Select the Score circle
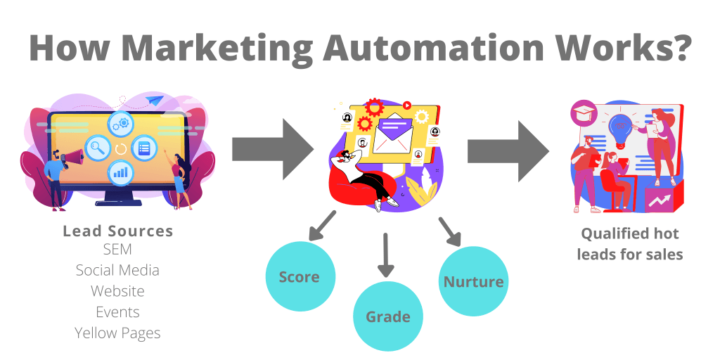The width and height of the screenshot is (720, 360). point(300,277)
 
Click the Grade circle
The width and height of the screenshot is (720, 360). point(388,316)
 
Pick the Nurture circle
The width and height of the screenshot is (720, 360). point(473,281)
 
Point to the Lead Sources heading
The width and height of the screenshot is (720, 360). point(118,231)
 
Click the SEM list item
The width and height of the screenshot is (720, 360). point(117,250)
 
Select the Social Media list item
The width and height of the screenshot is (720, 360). point(117,270)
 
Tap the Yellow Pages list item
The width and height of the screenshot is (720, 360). point(117,333)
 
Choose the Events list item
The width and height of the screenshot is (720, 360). point(117,312)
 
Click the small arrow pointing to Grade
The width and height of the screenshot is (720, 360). point(386,255)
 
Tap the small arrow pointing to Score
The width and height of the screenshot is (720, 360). point(322,226)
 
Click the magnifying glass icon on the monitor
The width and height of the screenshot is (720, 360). point(97,148)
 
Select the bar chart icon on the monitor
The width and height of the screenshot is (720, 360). point(121,173)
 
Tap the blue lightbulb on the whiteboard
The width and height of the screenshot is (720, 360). point(621,129)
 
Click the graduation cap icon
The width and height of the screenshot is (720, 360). point(584,114)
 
